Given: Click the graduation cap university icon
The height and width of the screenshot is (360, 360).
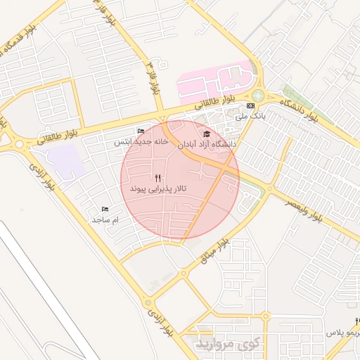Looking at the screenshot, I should (x=207, y=134).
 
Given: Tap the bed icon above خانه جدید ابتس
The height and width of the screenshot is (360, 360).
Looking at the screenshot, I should (x=141, y=131).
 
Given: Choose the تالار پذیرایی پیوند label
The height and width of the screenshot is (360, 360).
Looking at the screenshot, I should (x=157, y=190).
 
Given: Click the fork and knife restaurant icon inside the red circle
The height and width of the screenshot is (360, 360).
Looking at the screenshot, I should (x=157, y=178).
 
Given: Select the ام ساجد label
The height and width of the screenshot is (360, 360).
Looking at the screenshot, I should (x=105, y=220).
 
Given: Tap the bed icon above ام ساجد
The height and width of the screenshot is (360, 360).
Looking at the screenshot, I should (x=105, y=210).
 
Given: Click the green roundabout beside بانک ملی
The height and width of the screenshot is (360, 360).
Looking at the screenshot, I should (x=259, y=95).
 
